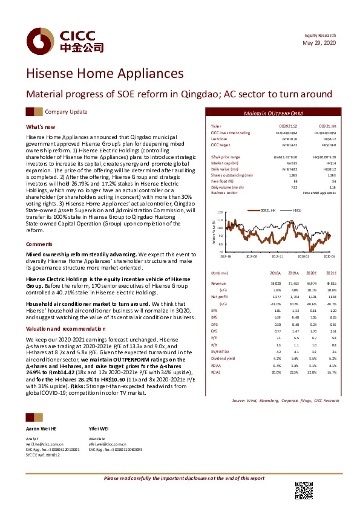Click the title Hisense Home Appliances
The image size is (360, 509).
pyautogui.click(x=104, y=74)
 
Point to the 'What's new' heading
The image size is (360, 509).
pyautogui.click(x=41, y=127)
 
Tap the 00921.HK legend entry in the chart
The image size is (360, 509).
pyautogui.click(x=268, y=209)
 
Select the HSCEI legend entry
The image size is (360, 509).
pyautogui.click(x=297, y=209)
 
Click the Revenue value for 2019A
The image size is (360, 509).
pyautogui.click(x=295, y=283)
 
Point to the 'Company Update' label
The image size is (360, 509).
pyautogui.click(x=66, y=112)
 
